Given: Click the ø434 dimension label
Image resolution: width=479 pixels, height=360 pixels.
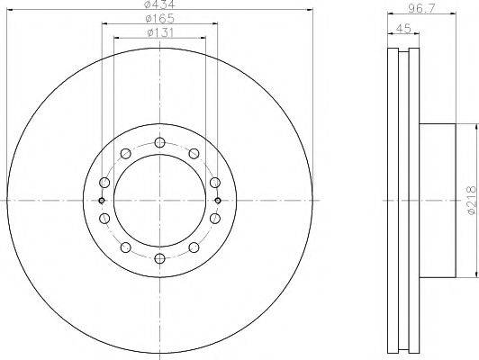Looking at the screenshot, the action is click(159, 4).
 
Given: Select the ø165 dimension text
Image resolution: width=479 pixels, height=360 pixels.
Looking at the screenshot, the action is click(159, 19).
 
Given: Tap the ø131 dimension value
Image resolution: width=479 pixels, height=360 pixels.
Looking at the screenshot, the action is click(159, 32).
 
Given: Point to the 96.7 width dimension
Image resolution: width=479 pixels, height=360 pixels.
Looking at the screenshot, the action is click(421, 8).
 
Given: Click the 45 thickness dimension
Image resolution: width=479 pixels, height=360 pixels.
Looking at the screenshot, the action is click(403, 29).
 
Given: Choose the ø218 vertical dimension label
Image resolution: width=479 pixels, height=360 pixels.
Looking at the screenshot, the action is click(473, 201).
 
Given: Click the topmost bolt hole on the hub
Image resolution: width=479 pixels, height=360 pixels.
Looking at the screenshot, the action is click(159, 142).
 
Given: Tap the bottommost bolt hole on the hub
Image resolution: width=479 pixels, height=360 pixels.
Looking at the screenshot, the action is click(159, 258).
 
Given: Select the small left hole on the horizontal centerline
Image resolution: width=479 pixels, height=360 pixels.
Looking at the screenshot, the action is click(102, 201).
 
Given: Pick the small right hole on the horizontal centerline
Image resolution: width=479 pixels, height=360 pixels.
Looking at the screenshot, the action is click(218, 201).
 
